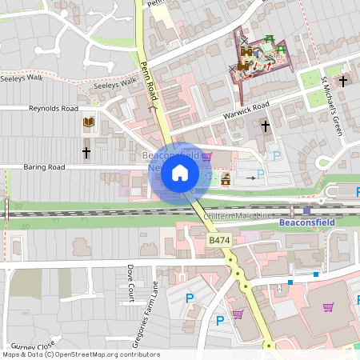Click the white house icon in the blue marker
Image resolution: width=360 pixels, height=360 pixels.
click(x=180, y=173)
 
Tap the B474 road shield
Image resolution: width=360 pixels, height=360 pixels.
click(x=220, y=239)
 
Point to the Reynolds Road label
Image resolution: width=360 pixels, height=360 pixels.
click(x=54, y=108)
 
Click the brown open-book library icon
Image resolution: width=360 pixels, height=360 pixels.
click(x=88, y=122)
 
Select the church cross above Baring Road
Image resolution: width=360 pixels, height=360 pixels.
click(x=86, y=151)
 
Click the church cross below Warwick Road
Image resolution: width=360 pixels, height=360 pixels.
click(x=266, y=126)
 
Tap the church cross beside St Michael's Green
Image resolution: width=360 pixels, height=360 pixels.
click(x=343, y=81)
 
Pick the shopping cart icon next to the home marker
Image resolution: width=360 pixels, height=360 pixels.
click(x=207, y=157)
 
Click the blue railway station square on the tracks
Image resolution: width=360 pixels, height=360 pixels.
click(x=306, y=210)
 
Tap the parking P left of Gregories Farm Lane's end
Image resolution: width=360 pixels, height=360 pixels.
click(x=190, y=298)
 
